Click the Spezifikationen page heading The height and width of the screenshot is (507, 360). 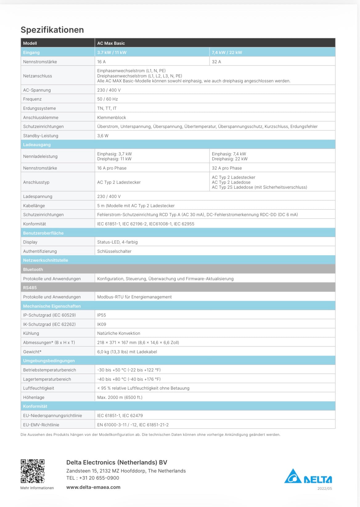tap(52, 30)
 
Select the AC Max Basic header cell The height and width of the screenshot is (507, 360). tap(111, 43)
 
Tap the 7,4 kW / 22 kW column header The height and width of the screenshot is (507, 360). tap(227, 52)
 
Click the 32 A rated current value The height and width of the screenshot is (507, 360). tap(216, 62)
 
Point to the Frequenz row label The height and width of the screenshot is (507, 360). tap(32, 99)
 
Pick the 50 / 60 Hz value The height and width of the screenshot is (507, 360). tap(108, 99)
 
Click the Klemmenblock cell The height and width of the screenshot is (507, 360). tap(112, 117)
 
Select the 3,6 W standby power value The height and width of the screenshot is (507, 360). tap(103, 136)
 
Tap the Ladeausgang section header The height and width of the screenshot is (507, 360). tap(37, 145)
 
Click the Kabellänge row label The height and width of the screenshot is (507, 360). tap(34, 206)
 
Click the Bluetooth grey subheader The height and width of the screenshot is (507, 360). tap(33, 269)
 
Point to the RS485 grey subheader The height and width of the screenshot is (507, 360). tap(30, 288)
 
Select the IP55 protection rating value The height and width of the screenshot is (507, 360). tap(101, 315)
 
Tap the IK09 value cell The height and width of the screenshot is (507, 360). tap(102, 324)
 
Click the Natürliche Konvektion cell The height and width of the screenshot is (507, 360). tap(119, 333)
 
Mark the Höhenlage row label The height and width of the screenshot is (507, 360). tap(34, 397)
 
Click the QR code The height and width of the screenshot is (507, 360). tap(33, 471)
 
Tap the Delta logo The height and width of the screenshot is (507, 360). tap(308, 476)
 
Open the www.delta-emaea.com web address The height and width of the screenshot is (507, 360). tap(93, 487)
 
